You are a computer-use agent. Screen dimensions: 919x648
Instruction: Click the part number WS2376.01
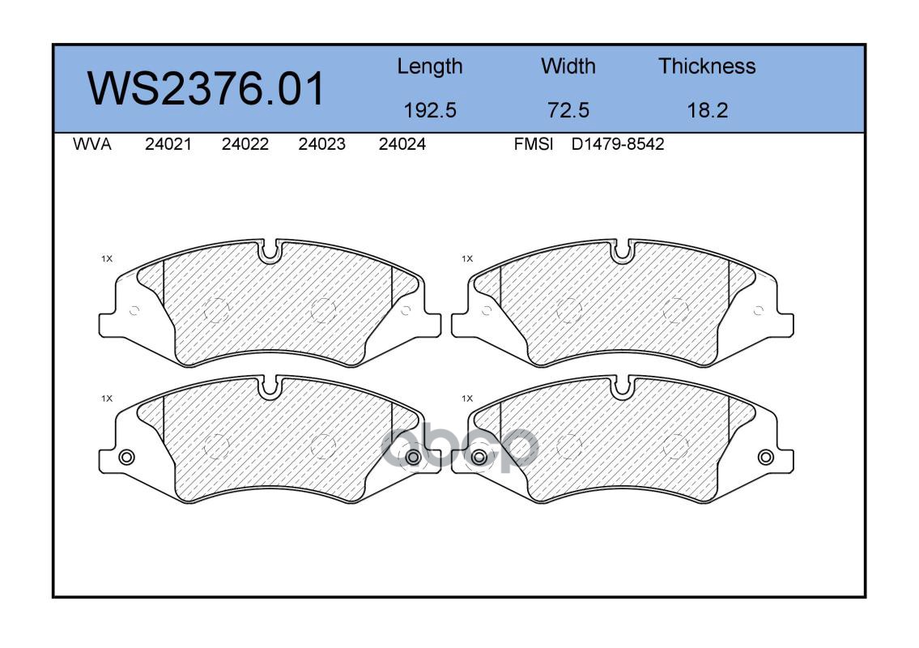206,88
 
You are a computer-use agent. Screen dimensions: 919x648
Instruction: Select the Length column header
430,67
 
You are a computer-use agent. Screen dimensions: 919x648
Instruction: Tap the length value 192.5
430,110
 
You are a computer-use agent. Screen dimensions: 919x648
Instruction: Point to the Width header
568,66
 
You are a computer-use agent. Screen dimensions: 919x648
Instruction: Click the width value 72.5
568,110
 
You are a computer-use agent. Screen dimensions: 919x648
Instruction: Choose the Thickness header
707,66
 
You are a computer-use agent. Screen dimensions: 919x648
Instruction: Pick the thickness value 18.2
707,110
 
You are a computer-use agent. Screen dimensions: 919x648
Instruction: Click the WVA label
92,144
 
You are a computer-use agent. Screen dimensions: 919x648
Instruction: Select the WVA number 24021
168,144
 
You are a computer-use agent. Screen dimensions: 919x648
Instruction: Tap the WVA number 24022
245,144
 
